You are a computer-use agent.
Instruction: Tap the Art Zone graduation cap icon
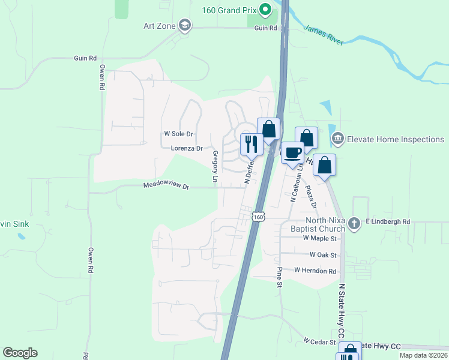(185, 25)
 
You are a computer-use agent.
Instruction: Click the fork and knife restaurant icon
(251, 143)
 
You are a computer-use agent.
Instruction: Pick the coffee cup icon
(292, 152)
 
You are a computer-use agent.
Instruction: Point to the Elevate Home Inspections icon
(337, 139)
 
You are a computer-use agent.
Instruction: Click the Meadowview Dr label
(166, 187)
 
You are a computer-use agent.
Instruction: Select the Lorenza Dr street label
(187, 148)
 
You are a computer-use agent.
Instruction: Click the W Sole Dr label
(179, 134)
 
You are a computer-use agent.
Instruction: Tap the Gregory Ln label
(214, 166)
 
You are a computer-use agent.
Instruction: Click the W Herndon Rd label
(315, 271)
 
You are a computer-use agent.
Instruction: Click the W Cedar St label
(319, 341)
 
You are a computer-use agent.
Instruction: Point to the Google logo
(20, 353)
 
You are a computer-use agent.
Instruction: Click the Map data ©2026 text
(424, 355)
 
